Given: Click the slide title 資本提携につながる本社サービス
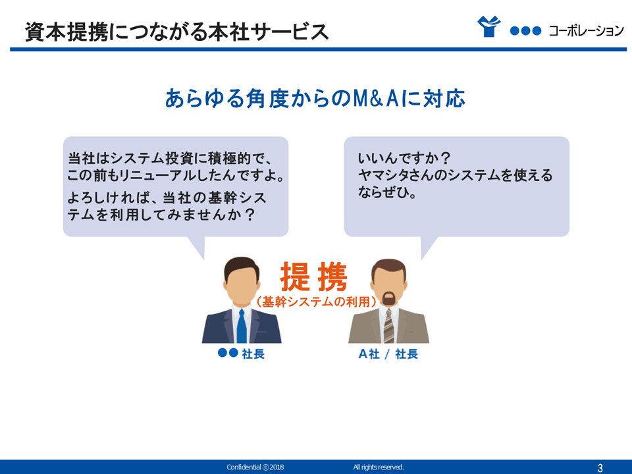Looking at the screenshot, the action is point(176,32).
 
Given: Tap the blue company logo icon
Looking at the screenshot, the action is point(489,26).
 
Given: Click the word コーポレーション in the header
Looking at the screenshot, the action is point(587,31).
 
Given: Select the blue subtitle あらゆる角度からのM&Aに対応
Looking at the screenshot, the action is point(315,98).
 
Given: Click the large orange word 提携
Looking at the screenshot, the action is point(313,276).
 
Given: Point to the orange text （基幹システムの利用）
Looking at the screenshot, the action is point(316,302).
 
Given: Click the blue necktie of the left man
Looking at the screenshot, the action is point(242,326).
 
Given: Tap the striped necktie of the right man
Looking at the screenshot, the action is point(388,326).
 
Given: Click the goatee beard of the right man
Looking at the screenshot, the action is point(388,298).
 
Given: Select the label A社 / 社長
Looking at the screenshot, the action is point(388,354).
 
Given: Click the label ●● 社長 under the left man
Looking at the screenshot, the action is point(241,354).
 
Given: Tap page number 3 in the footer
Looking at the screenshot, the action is point(600,467).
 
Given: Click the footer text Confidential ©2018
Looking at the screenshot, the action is point(255,467).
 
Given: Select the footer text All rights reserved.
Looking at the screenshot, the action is point(379,467).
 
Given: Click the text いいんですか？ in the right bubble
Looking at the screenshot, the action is point(404,158).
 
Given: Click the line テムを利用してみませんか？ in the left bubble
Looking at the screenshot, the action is point(161,215).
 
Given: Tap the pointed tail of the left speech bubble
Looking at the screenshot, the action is point(199,246).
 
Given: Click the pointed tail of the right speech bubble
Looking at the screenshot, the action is point(427,246).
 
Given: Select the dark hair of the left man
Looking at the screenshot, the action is point(242,265).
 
